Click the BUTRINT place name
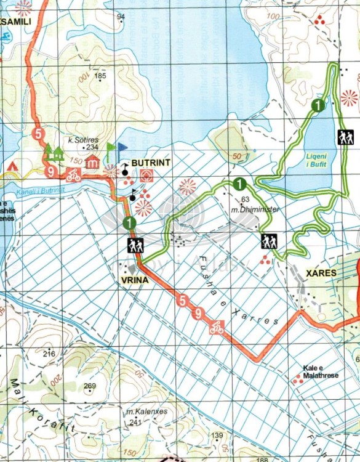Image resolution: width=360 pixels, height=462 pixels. pyautogui.click(x=150, y=164)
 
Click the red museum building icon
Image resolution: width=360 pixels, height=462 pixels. pyautogui.click(x=92, y=162)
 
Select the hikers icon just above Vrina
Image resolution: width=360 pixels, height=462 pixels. pyautogui.click(x=135, y=246)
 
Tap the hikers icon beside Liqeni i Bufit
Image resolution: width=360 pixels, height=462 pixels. pyautogui.click(x=345, y=137)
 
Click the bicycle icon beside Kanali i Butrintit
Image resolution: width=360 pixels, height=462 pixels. pyautogui.click(x=74, y=175)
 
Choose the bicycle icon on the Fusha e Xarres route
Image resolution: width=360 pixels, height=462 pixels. pyautogui.click(x=216, y=328)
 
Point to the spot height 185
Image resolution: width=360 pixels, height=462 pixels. pyautogui.click(x=101, y=76)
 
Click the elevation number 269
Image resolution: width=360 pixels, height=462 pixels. pyautogui.click(x=90, y=386)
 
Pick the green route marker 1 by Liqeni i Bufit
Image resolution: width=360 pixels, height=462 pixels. pyautogui.click(x=318, y=105)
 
